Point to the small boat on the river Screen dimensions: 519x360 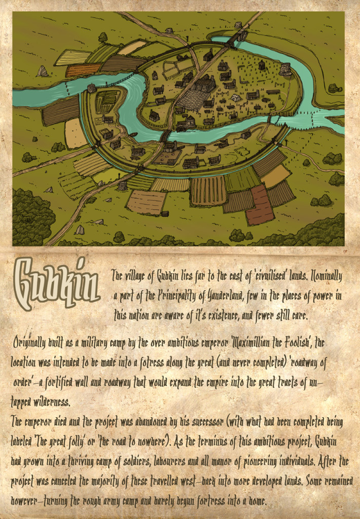(134, 135)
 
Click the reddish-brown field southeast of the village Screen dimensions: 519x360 (260, 205)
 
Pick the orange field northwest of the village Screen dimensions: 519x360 (83, 70)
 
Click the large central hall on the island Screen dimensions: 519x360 (203, 84)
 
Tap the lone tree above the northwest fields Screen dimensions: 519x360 (103, 37)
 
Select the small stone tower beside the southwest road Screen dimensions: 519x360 (122, 186)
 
